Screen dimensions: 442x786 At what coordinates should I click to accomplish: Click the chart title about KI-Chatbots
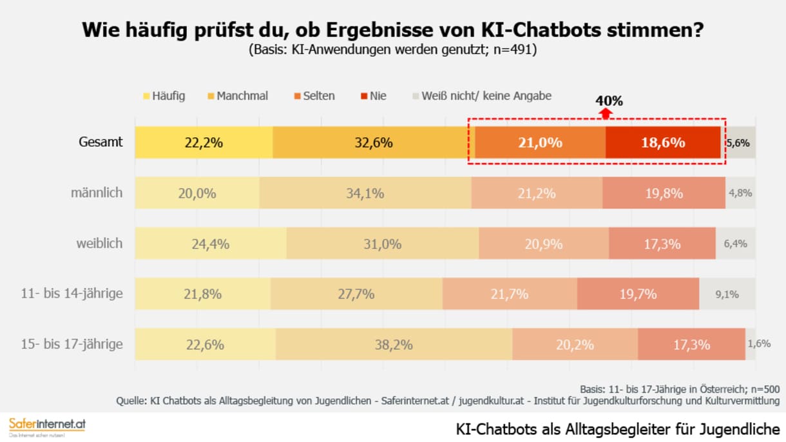coord(392,30)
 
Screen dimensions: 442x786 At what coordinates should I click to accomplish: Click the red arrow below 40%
coord(605,113)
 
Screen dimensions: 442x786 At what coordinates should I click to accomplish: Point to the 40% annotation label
coord(609,101)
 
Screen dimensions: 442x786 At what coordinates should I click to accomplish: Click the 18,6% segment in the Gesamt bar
coord(662,142)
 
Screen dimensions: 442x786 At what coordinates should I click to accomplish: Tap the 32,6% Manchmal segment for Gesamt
coord(370,142)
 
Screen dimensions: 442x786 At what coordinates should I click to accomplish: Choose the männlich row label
coord(97,193)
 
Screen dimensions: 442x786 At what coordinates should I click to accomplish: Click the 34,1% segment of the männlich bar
coord(365,193)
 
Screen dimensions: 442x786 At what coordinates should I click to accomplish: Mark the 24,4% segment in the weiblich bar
coord(211,244)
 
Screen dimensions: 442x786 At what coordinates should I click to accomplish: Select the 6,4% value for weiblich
coord(736,244)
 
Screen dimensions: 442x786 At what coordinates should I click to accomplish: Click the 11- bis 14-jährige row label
coord(72,294)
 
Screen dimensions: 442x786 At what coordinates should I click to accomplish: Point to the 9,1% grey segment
coord(726,294)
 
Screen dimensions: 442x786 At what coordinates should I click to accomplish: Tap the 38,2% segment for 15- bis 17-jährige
coord(394,344)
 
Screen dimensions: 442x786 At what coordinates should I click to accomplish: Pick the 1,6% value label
coord(758,344)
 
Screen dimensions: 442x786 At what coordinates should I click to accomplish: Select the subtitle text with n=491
coord(392,50)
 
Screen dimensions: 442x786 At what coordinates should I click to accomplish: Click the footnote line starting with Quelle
coord(448,401)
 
